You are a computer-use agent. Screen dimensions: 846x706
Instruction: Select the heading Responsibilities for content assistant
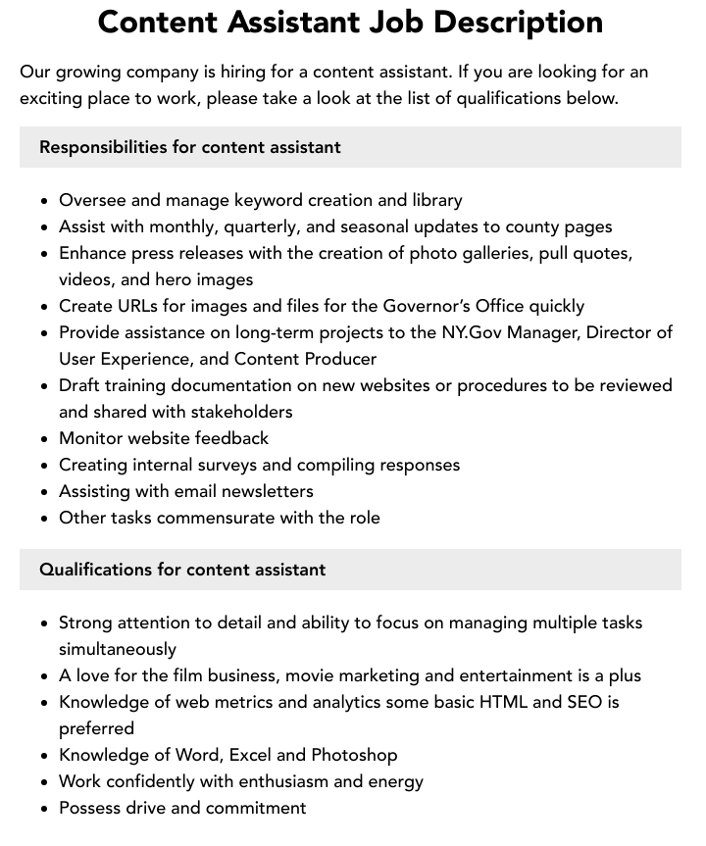[x=190, y=147]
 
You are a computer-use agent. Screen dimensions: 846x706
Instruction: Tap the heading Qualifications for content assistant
[x=182, y=570]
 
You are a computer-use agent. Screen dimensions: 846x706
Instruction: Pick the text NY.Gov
[x=469, y=332]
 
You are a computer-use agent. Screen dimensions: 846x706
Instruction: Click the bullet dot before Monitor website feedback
[x=45, y=439]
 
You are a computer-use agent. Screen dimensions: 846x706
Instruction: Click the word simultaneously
[x=118, y=649]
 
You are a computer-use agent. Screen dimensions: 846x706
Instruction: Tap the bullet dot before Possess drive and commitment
[x=45, y=809]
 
